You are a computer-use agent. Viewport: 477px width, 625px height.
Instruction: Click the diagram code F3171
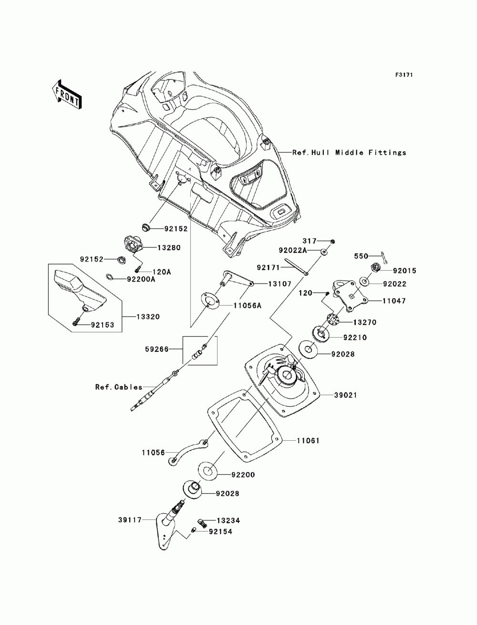(404, 75)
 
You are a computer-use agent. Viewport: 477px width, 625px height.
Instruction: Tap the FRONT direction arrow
(67, 95)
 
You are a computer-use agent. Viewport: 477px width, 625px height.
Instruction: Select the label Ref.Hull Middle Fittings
(349, 153)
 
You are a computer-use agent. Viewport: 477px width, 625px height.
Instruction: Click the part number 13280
(169, 248)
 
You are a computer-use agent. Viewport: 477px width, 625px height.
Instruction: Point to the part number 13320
(148, 317)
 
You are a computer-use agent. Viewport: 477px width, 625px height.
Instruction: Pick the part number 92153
(103, 325)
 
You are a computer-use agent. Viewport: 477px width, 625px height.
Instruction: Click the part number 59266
(157, 349)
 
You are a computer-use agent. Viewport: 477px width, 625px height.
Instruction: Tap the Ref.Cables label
(119, 387)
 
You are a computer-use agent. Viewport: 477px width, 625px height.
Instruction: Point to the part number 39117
(130, 520)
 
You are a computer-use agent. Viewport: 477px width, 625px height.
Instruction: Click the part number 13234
(228, 521)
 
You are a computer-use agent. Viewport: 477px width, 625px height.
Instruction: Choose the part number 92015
(405, 271)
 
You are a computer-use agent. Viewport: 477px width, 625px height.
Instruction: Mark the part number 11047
(394, 301)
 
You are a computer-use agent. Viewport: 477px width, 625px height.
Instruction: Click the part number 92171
(269, 268)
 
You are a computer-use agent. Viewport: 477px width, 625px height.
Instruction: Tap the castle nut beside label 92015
(375, 268)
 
